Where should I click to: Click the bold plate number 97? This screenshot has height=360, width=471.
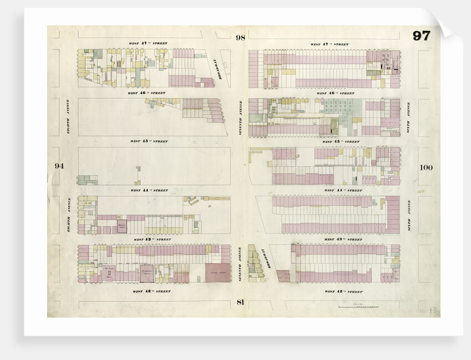(x=421, y=36)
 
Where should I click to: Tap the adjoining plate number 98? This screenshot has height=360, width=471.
(x=239, y=38)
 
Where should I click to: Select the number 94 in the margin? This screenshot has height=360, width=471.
(x=59, y=166)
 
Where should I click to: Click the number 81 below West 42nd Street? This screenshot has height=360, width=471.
(x=240, y=302)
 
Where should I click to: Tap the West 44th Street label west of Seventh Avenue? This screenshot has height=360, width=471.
(x=149, y=190)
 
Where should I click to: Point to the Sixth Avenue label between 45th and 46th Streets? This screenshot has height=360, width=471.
(x=409, y=117)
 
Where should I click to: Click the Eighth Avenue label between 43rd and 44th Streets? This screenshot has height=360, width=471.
(x=69, y=214)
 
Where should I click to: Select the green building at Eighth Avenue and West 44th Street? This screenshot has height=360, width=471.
(x=84, y=179)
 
